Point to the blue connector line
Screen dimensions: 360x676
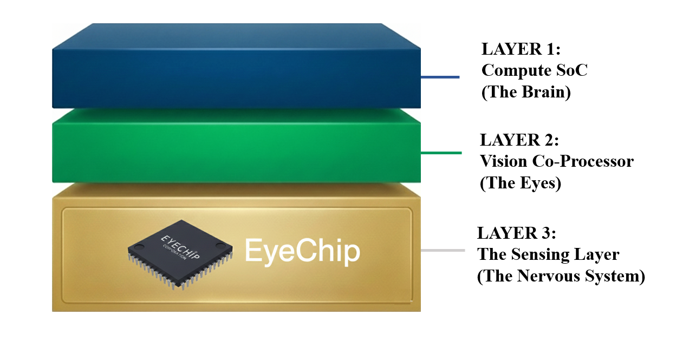(440, 77)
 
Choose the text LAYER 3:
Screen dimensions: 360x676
(517, 233)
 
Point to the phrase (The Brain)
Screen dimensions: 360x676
(526, 93)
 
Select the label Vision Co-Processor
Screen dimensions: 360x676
(557, 161)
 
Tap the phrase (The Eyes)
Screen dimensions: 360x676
(521, 184)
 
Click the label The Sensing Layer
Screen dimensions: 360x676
(548, 254)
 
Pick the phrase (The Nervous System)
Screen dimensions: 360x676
(561, 276)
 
